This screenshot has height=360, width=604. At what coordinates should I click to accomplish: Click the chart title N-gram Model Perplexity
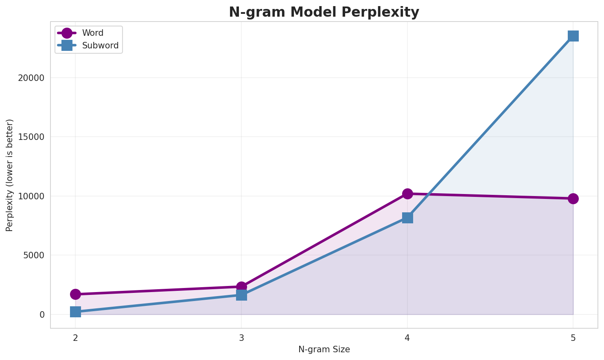tap(324, 12)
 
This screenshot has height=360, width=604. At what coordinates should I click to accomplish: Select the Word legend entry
tap(92, 33)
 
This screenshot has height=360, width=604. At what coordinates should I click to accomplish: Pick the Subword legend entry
tap(100, 46)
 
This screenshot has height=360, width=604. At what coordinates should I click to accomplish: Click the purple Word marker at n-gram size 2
tap(75, 294)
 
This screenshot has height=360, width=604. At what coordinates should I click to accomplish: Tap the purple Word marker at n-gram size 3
tap(241, 287)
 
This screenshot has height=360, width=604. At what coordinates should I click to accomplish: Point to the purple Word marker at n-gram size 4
tap(407, 194)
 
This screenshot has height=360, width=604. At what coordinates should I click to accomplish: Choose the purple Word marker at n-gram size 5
tap(573, 199)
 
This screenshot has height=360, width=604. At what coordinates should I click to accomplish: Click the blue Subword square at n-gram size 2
tap(75, 312)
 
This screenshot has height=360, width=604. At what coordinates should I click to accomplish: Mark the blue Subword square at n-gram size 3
tap(241, 295)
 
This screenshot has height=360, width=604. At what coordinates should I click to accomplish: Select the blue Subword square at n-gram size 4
tap(407, 218)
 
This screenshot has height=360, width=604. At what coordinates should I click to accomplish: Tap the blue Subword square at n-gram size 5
tap(573, 36)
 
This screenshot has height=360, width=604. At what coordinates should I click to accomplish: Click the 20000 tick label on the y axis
tap(31, 78)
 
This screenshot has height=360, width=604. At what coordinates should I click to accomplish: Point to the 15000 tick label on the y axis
tap(31, 137)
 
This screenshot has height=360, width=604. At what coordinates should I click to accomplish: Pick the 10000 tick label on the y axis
tap(31, 196)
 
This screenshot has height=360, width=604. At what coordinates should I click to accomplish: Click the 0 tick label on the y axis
tap(42, 315)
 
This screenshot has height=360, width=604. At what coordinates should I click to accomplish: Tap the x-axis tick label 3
tap(241, 338)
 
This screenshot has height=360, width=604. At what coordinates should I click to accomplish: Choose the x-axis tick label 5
tap(573, 338)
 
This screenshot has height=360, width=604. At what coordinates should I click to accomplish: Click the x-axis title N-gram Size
tap(324, 349)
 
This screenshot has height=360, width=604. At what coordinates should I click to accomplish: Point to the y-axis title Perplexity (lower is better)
tap(10, 175)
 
